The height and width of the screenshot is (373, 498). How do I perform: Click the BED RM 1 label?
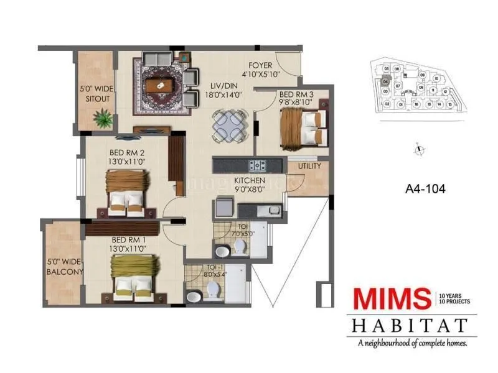click(129, 244)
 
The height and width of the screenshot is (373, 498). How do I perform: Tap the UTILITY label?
click(309, 167)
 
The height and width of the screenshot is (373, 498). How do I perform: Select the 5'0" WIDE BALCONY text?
click(64, 267)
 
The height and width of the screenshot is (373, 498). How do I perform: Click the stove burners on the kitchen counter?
click(258, 165)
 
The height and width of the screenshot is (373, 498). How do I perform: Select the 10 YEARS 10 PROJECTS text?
click(454, 298)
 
